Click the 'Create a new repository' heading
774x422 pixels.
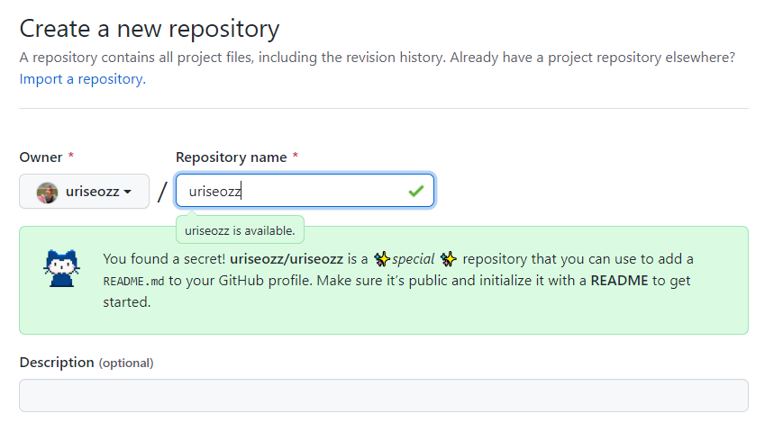coord(150,28)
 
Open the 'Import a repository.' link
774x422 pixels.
coord(82,78)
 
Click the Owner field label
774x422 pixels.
coord(41,157)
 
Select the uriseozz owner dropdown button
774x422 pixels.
coord(84,192)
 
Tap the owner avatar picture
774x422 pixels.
coord(47,192)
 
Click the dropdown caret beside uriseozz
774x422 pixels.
coord(128,193)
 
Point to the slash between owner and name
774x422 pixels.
coord(162,192)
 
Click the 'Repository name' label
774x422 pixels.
coord(231,157)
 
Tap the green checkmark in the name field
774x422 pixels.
coord(415,191)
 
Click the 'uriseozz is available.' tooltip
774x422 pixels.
coord(240,231)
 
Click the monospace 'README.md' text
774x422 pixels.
coord(133,281)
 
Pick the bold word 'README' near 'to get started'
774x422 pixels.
coord(619,280)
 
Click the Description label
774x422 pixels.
coord(57,363)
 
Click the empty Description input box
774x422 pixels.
coord(383,395)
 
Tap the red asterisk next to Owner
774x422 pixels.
coord(71,157)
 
